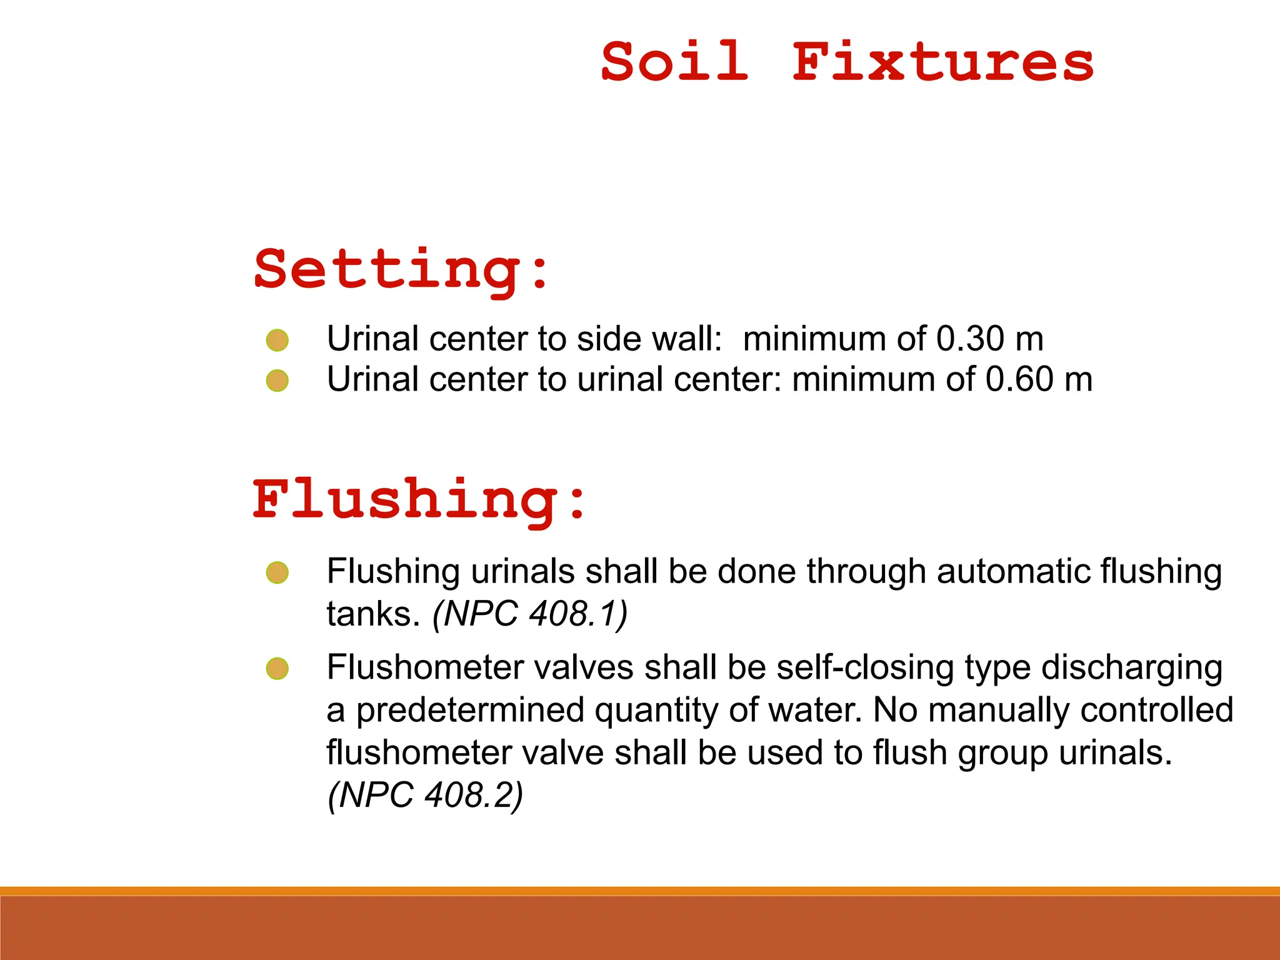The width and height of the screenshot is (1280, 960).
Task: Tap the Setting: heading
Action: [401, 270]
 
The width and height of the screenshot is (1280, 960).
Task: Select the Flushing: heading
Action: [419, 500]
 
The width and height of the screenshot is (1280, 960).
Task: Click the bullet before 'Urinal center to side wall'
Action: [277, 341]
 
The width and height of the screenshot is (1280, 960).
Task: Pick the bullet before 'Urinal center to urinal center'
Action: [277, 381]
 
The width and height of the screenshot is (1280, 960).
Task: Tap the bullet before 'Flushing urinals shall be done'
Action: [277, 572]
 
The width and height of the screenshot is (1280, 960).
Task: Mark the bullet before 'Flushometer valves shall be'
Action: [277, 669]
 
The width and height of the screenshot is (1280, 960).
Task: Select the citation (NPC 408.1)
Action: [530, 614]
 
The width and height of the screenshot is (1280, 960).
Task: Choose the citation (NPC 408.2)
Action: [426, 795]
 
